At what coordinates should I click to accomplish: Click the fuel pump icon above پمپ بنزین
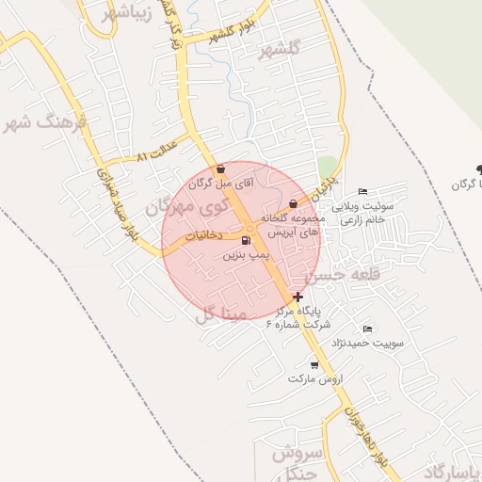pyautogui.click(x=246, y=241)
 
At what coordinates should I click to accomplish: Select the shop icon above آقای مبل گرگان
pyautogui.click(x=220, y=169)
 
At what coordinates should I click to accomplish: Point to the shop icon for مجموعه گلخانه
pyautogui.click(x=293, y=203)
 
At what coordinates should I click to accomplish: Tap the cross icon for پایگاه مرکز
pyautogui.click(x=298, y=297)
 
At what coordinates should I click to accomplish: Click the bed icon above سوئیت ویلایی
pyautogui.click(x=363, y=191)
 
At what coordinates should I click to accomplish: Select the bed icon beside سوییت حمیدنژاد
pyautogui.click(x=367, y=329)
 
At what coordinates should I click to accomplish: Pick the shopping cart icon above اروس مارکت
pyautogui.click(x=313, y=364)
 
